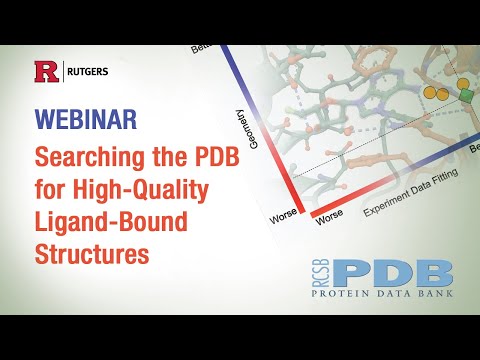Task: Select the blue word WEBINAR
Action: tap(87, 118)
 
